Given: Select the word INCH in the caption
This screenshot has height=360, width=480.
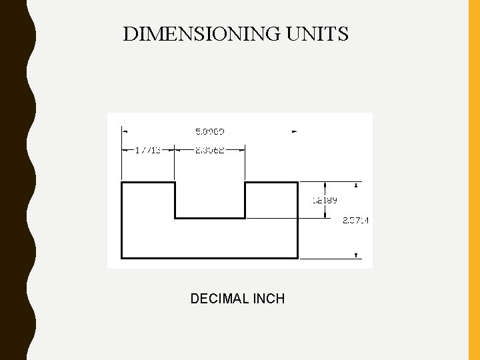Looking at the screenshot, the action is tap(269, 299).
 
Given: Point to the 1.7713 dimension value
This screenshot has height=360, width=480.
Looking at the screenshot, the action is tap(147, 150).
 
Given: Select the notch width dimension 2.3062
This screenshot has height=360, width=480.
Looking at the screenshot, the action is tap(209, 150).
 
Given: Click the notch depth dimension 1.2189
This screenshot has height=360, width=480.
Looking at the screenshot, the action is tap(325, 199).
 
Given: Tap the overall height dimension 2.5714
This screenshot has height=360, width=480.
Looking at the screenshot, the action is tap(356, 220).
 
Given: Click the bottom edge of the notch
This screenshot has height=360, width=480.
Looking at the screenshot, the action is tap(210, 217).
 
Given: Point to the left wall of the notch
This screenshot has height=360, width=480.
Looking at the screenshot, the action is tap(175, 199).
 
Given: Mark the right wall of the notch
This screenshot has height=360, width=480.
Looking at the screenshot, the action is tap(245, 199).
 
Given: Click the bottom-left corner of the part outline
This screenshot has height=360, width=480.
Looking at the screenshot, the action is tap(121, 257).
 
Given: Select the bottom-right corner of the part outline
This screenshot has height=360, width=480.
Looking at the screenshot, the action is tap(297, 257).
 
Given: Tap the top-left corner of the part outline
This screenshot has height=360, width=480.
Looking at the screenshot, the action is tap(121, 182).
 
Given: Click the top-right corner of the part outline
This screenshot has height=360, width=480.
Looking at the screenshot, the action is tap(297, 182).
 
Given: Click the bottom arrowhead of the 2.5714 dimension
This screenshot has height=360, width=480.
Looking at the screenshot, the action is tap(357, 255).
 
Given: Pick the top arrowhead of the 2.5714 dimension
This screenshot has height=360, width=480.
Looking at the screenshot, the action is tap(357, 185).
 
